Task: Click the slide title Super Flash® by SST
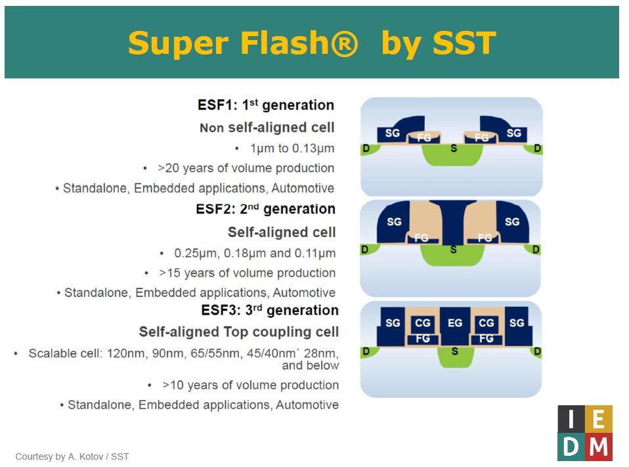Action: (x=311, y=43)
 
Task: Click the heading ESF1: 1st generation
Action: (x=266, y=105)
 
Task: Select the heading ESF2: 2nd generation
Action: (x=266, y=209)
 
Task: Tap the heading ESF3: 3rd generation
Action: (x=270, y=310)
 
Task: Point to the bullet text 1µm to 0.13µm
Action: (x=292, y=148)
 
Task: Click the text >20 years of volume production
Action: (x=246, y=168)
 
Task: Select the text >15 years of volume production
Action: (x=248, y=273)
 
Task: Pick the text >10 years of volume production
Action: (x=250, y=385)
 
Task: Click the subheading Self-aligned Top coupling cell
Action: (x=239, y=332)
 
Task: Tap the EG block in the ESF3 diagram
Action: (x=454, y=323)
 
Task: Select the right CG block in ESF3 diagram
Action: (x=487, y=323)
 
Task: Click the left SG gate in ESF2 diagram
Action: (x=394, y=222)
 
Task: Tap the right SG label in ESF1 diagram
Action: (x=514, y=133)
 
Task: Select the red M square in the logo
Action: (x=599, y=447)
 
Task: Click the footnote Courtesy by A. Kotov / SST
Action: (x=72, y=456)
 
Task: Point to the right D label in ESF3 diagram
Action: (x=537, y=352)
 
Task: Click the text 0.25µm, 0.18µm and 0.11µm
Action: (x=255, y=253)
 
